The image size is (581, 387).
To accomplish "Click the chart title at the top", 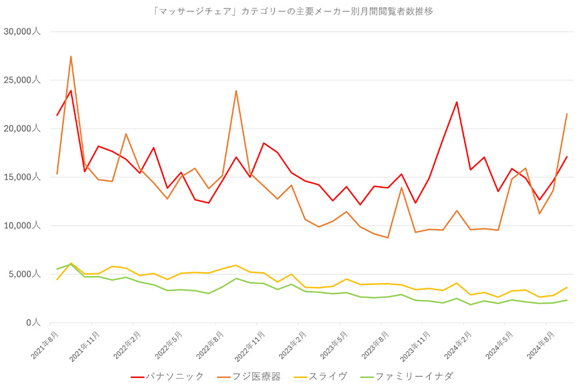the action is pos(292,12).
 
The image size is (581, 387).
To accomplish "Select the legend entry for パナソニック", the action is pos(167,377).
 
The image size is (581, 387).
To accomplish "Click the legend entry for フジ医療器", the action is pos(249,377).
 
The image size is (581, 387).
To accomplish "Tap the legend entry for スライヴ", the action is pos(320,377).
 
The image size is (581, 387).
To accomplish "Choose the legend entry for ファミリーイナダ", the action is pos(407,377).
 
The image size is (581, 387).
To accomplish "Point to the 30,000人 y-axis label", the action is pos(22,32).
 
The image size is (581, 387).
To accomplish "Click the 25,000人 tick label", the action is pos(22,80).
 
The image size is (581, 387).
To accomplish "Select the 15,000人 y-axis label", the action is pos(22,177).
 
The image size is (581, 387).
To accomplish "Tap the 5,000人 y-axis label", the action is pos(25,274).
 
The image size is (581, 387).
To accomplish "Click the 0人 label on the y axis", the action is pos(33,322).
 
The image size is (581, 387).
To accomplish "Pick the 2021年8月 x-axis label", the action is pos(45,345).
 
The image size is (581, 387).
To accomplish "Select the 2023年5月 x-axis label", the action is pos(334,345).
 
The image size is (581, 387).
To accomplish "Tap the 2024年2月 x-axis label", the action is pos(458,345).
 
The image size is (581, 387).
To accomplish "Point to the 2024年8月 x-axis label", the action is pos(540,345).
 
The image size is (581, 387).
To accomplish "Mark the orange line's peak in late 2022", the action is pos(236,91).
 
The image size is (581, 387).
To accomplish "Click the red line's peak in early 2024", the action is pos(456,102).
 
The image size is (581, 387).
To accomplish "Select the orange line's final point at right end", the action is pos(567,114).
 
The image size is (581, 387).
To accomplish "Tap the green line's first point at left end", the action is pos(57,269).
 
